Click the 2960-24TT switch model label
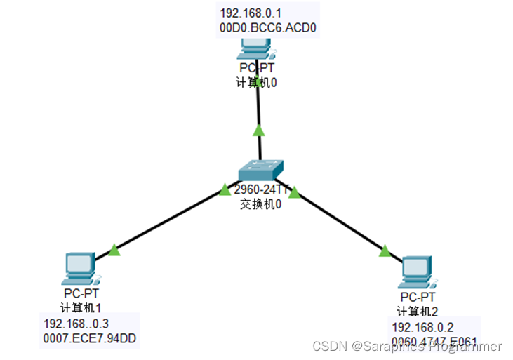pyautogui.click(x=260, y=189)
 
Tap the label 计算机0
pyautogui.click(x=258, y=82)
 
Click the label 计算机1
pyautogui.click(x=81, y=307)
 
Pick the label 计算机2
pyautogui.click(x=419, y=312)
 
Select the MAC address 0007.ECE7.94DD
pyautogui.click(x=90, y=339)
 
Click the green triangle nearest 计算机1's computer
pyautogui.click(x=114, y=249)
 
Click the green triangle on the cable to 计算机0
pyautogui.click(x=259, y=130)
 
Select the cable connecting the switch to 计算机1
pyautogui.click(x=168, y=220)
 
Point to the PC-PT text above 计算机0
pyautogui.click(x=257, y=69)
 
